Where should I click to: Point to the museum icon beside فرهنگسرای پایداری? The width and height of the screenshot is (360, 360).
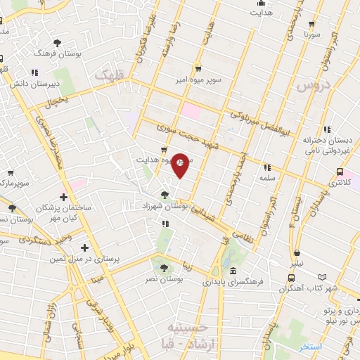(233, 271)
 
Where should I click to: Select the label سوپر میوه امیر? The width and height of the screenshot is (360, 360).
(200, 79)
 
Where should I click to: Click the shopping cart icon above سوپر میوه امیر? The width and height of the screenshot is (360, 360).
(199, 69)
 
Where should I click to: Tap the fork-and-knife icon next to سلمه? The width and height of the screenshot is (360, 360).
(266, 167)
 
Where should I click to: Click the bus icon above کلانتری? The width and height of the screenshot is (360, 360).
(340, 172)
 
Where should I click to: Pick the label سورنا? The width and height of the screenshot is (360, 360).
(312, 33)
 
